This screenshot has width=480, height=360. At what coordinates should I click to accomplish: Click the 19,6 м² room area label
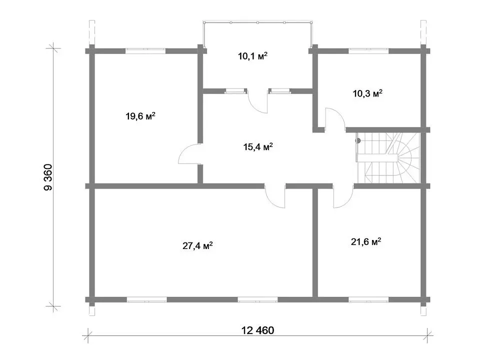click(x=140, y=116)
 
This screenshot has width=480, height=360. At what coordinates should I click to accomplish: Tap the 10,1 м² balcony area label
click(x=253, y=56)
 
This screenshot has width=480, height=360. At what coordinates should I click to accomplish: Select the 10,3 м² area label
click(x=367, y=93)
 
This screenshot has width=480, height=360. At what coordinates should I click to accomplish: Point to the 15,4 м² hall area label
click(x=258, y=147)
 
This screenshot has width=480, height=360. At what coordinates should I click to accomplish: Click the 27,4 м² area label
click(x=198, y=245)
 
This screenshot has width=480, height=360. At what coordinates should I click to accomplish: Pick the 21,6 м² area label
click(x=366, y=242)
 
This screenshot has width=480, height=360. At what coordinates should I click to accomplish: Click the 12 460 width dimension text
click(x=258, y=330)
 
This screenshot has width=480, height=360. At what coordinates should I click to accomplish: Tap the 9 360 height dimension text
click(x=48, y=177)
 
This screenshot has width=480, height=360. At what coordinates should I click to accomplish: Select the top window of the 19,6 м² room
click(x=145, y=51)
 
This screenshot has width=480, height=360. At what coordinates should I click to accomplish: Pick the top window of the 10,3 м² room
click(x=368, y=51)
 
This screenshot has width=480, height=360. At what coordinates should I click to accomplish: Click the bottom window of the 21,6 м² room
click(x=368, y=299)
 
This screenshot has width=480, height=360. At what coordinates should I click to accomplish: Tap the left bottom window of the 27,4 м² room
click(x=147, y=299)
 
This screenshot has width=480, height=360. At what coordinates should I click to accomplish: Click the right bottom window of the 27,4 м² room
click(x=258, y=299)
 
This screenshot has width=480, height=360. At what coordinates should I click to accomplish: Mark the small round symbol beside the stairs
click(x=358, y=141)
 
